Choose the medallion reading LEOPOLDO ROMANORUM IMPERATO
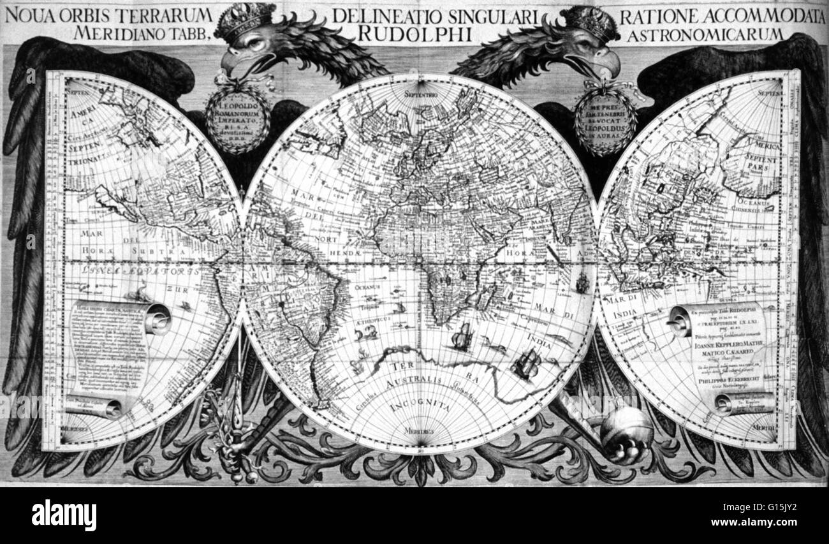point(237,117)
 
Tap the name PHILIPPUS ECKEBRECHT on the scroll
point(726,384)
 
